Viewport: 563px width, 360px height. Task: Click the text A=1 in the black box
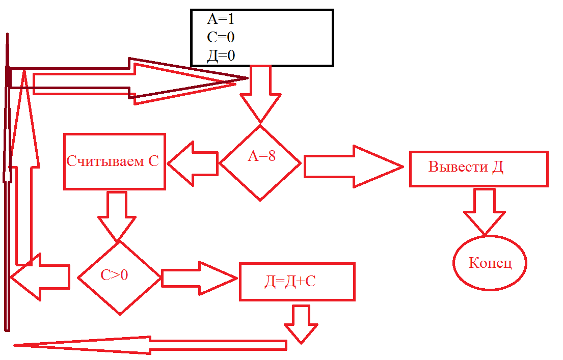tap(220, 20)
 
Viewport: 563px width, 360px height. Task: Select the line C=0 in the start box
tap(221, 37)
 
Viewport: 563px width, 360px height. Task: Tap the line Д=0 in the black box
tap(221, 56)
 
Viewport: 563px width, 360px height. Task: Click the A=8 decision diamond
tap(260, 162)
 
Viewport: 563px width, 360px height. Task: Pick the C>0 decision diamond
tap(119, 276)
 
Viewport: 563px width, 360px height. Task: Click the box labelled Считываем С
tap(114, 161)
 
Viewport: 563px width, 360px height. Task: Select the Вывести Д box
tap(478, 169)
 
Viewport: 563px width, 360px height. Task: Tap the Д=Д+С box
tap(297, 282)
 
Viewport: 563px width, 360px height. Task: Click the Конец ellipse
tap(490, 263)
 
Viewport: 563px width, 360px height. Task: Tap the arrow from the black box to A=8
tap(260, 94)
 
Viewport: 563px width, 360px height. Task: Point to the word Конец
tap(490, 263)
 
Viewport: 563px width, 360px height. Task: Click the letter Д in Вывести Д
tap(498, 167)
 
